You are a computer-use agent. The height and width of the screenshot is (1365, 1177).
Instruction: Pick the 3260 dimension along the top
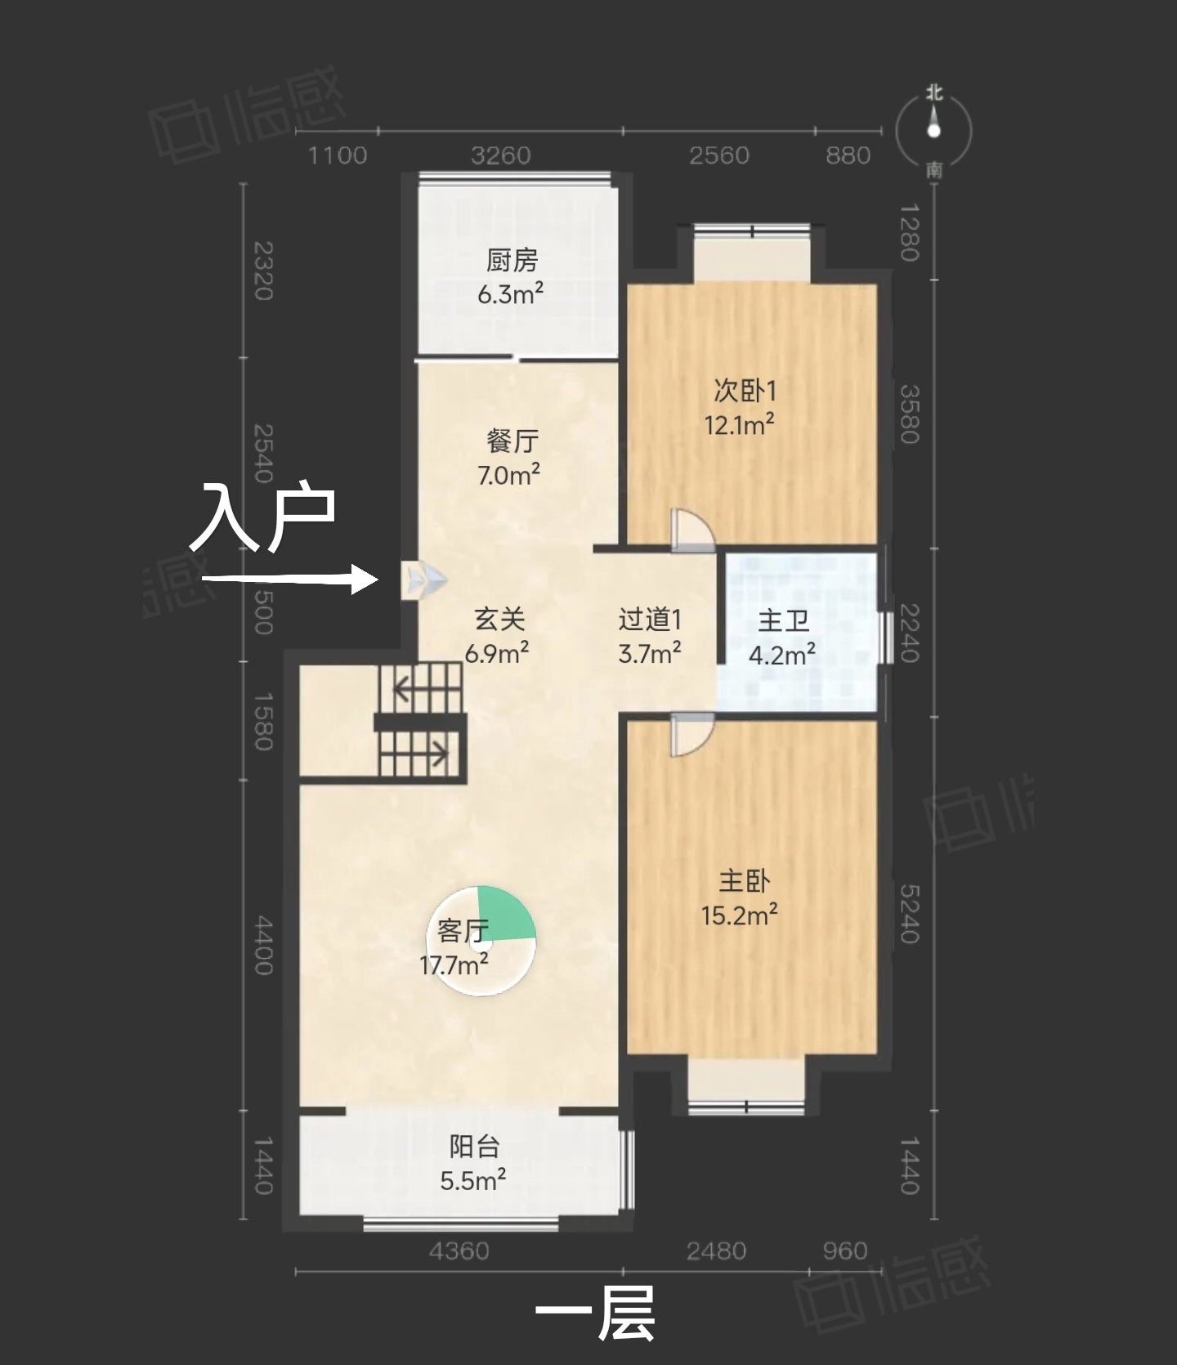click(500, 155)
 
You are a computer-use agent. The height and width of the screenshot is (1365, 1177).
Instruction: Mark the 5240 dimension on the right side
click(910, 914)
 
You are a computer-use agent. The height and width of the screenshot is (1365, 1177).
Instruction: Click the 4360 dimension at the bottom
click(459, 1251)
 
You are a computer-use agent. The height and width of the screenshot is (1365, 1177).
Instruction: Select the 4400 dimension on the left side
click(263, 945)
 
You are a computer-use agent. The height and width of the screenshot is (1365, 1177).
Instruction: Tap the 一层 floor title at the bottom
click(594, 1314)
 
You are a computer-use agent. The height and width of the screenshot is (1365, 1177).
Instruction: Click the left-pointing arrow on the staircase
click(414, 690)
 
